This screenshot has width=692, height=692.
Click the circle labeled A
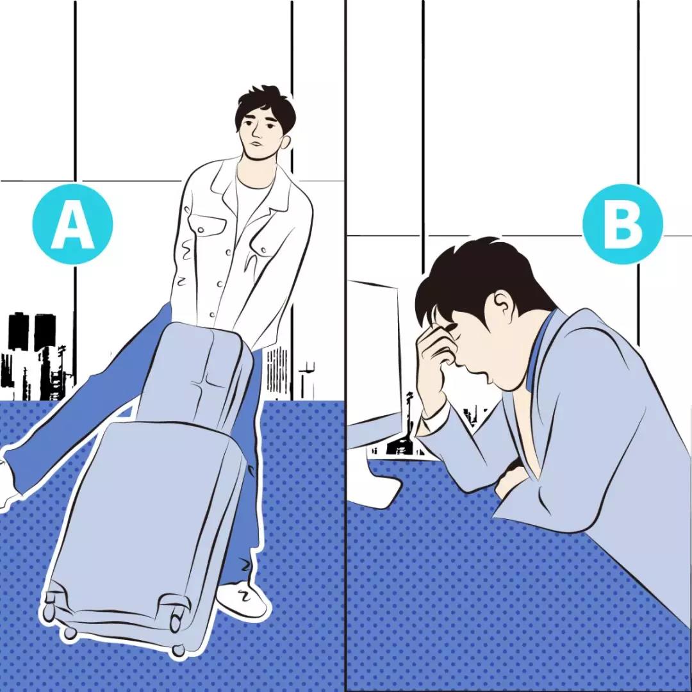coord(73,224)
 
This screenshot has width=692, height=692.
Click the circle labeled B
coord(623,224)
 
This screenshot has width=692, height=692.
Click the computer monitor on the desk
coord(374,367)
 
